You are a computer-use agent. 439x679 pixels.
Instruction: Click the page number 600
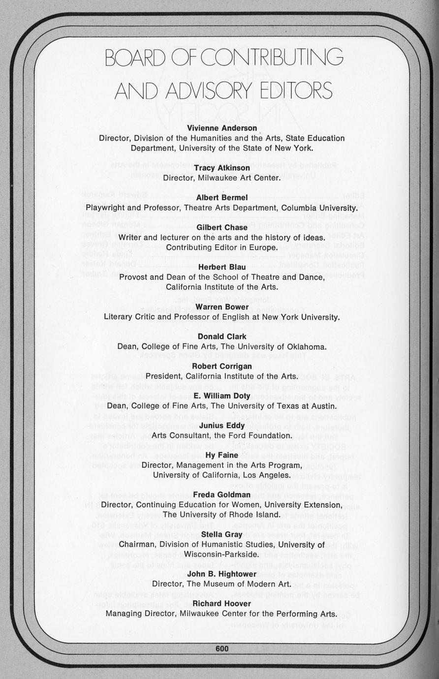tap(222, 648)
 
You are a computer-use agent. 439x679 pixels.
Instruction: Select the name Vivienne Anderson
tap(222, 128)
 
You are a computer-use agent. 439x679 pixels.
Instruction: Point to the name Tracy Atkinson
tap(222, 168)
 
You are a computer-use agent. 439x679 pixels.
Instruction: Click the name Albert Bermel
tap(222, 197)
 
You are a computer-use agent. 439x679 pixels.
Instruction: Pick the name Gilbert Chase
tap(222, 227)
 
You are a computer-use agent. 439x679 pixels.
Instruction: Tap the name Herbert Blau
tap(222, 267)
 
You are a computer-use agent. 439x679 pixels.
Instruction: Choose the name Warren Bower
tap(222, 307)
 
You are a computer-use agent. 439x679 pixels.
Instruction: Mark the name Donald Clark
tap(222, 337)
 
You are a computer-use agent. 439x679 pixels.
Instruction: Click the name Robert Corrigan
tap(222, 366)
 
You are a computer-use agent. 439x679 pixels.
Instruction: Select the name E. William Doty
tap(222, 396)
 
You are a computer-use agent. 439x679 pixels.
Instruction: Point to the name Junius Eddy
tap(222, 425)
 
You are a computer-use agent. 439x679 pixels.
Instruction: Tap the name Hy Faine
tap(222, 455)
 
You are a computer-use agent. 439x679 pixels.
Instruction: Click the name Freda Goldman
tap(222, 494)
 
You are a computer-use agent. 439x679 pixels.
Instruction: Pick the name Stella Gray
tap(222, 534)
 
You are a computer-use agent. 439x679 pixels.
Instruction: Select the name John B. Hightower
tap(222, 574)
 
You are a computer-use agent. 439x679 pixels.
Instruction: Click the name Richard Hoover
tap(222, 603)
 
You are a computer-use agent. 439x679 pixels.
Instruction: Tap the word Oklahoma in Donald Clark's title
tap(305, 347)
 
